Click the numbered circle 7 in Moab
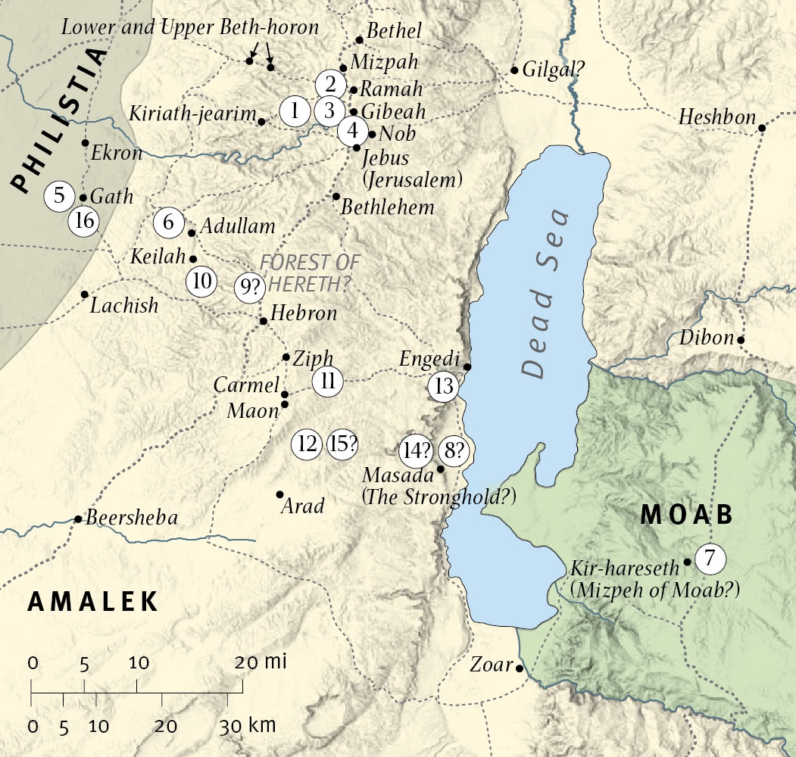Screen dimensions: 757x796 (710, 559)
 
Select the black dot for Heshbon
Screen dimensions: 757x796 (762, 127)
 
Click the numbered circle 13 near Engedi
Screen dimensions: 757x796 (444, 386)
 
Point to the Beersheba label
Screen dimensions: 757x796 (132, 519)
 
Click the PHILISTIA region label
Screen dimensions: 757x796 (59, 121)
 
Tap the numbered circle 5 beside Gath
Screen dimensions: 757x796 (60, 196)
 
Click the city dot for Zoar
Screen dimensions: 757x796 (520, 668)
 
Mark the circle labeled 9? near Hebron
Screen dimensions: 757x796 (249, 288)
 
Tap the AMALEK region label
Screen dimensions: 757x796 (93, 601)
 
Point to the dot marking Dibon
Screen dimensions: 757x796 (741, 339)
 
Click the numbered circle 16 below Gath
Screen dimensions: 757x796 (84, 222)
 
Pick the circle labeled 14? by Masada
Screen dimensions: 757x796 (417, 451)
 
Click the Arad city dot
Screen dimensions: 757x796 (279, 494)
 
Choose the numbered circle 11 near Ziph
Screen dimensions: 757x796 (328, 381)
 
